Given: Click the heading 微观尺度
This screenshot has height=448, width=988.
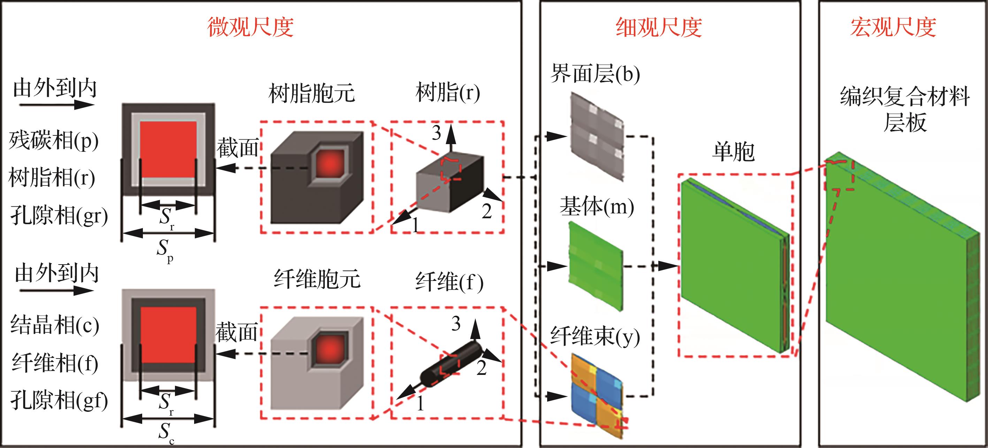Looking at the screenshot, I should tap(251, 27).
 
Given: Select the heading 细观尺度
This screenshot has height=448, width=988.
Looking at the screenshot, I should tap(659, 27).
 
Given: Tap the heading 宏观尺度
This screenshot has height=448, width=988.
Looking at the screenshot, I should tap(893, 27).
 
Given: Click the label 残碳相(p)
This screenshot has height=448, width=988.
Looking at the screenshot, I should tap(54, 141).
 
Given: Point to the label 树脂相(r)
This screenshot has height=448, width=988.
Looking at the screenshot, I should tap(52, 178).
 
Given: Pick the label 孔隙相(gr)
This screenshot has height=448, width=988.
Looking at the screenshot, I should tap(59, 216).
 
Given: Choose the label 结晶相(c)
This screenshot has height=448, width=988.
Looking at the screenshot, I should tap(54, 325).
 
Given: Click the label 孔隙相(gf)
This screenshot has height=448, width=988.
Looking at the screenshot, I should tap(59, 400).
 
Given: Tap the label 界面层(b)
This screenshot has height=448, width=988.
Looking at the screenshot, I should tap(595, 73).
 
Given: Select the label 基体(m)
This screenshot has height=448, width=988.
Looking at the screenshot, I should tap(597, 207).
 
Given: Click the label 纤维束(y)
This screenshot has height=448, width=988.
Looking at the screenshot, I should tap(595, 337).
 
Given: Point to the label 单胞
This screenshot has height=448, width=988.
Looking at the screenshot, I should tap(733, 152).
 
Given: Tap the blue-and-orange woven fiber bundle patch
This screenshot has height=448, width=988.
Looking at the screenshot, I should tap(596, 395).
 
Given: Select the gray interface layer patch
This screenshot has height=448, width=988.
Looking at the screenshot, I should tap(596, 136).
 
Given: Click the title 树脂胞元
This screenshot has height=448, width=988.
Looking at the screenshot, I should tap(312, 94).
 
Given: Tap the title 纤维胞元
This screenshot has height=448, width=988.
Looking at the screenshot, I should tap(317, 279).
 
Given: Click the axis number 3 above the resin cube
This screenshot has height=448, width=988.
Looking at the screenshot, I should tap(436, 133).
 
